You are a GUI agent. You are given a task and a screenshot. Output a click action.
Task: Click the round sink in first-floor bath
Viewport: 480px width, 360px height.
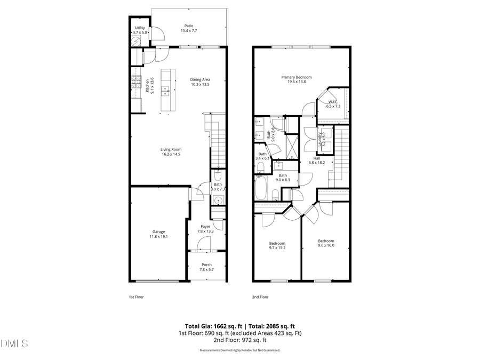click(218, 201)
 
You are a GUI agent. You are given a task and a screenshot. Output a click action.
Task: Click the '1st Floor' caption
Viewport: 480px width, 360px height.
click(136, 297)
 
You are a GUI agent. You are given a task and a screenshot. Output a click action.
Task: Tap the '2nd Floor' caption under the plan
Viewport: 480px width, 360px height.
click(260, 297)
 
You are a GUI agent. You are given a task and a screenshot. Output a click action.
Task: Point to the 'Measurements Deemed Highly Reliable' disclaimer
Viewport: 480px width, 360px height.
click(239, 350)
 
